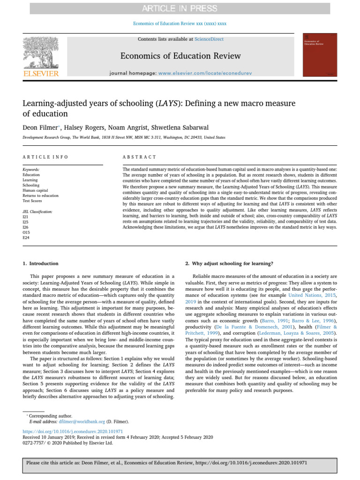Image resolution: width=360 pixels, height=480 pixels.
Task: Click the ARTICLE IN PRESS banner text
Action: tap(180, 8)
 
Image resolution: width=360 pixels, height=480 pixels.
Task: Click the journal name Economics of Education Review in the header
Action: tap(180, 56)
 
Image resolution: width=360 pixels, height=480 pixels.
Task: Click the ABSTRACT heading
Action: tap(139, 157)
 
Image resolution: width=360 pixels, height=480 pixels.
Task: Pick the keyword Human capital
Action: tap(35, 190)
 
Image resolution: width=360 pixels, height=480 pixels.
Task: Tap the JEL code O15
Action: tap(26, 232)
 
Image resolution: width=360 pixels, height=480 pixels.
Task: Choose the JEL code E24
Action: tap(26, 238)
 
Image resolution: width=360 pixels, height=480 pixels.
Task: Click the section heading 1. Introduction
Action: tap(41, 263)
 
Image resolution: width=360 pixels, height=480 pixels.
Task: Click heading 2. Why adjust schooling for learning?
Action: tap(225, 263)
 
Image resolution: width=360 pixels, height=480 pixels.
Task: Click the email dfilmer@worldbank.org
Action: tap(69, 422)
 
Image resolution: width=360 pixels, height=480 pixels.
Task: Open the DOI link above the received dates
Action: tap(73, 431)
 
